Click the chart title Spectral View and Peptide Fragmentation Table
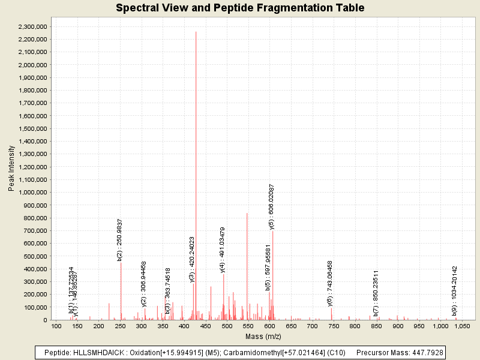(240, 8)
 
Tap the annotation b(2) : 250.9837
(120, 239)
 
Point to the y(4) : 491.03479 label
(223, 249)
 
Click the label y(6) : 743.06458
(330, 283)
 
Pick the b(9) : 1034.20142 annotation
(455, 290)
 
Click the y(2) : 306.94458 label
(144, 284)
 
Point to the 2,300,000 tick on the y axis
(34, 26)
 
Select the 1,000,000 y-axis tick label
(34, 193)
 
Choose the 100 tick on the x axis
(56, 326)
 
